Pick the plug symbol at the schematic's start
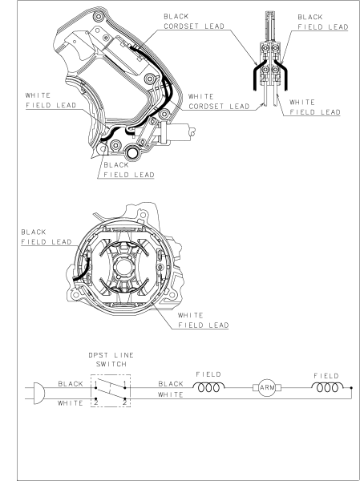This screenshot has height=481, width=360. pos(33,390)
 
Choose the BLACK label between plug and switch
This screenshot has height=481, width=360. pos(70,384)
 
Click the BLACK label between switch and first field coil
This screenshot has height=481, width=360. pos(170,384)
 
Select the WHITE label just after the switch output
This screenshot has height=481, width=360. pos(170,395)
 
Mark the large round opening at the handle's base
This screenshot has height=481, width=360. pos(126,151)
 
